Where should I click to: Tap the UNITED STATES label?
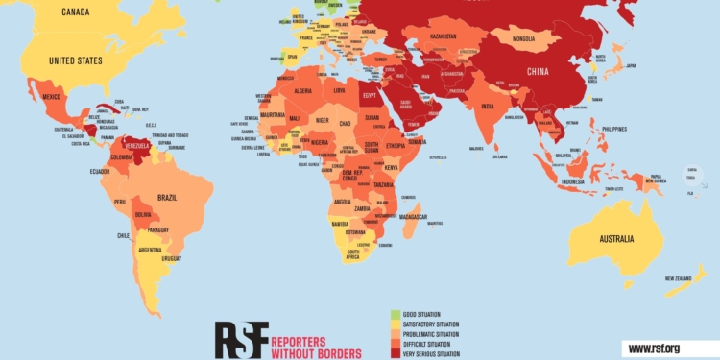[x=75, y=61]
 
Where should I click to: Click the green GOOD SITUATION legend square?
[x=394, y=314]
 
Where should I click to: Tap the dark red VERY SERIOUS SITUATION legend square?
[x=394, y=353]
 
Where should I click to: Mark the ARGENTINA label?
[x=150, y=251]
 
